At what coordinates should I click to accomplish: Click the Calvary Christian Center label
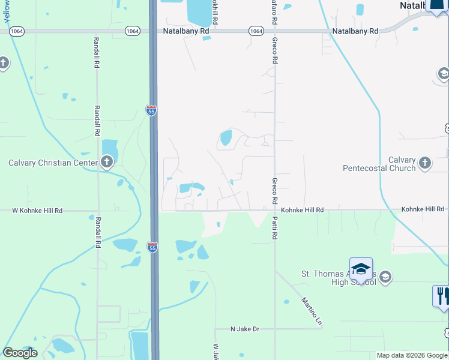click(52, 163)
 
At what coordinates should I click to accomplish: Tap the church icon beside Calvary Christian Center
click(107, 162)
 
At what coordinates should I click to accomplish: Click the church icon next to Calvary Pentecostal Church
click(425, 163)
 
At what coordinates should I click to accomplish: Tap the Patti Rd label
click(274, 229)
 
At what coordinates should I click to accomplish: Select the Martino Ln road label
click(312, 311)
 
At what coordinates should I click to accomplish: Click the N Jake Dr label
click(245, 329)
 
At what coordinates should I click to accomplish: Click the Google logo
click(20, 353)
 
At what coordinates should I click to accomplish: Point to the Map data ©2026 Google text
click(412, 356)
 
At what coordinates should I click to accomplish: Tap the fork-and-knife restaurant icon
click(441, 296)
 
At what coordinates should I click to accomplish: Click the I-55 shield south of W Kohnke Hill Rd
click(152, 247)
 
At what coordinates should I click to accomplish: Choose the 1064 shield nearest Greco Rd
click(256, 31)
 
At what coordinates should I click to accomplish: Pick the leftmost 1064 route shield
click(17, 31)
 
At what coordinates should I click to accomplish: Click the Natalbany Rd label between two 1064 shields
click(187, 31)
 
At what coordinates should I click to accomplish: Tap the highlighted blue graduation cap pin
click(361, 270)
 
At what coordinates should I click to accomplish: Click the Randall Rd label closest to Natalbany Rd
click(95, 53)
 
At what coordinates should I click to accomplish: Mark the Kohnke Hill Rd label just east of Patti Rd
click(303, 210)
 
